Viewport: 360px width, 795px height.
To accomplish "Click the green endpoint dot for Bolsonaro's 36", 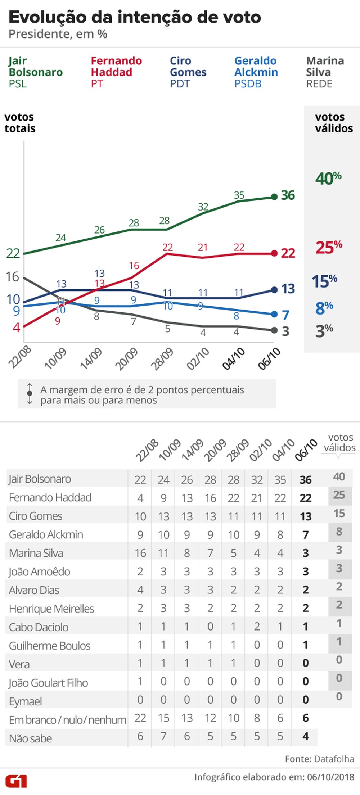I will (274, 197).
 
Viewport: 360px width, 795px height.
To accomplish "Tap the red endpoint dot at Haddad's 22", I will (274, 253).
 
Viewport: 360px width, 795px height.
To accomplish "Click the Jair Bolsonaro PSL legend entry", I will (35, 72).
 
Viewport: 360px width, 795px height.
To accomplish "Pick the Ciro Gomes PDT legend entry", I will (188, 72).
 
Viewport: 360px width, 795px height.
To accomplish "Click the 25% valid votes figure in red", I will (329, 247).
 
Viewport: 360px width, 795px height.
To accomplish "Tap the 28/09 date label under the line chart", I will (162, 359).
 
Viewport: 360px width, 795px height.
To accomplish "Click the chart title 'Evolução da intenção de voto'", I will (135, 17).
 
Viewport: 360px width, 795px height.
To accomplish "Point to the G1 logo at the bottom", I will (16, 781).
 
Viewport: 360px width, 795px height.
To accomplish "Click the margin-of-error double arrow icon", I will (30, 394).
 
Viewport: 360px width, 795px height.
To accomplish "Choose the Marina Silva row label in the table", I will (36, 553).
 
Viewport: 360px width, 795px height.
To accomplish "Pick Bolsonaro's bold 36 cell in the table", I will (305, 480).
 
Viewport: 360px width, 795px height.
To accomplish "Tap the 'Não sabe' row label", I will (31, 738).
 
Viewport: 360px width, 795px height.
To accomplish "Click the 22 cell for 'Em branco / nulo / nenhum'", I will (140, 718).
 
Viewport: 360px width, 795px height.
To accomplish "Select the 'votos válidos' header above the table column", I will (339, 442).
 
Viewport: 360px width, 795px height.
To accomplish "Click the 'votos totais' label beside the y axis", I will (20, 123).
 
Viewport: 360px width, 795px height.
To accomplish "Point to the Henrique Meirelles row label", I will (51, 609).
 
